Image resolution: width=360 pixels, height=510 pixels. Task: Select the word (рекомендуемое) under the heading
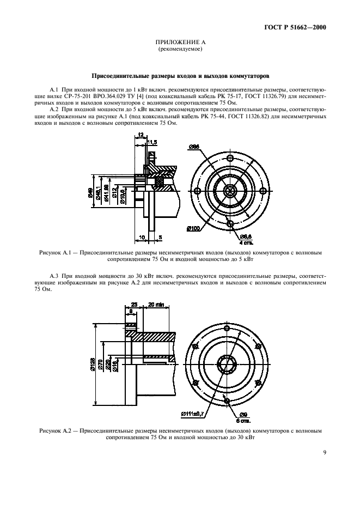pyautogui.click(x=180, y=49)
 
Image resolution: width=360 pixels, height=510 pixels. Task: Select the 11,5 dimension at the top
pyautogui.click(x=152, y=142)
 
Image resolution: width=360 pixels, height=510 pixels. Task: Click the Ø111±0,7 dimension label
pyautogui.click(x=194, y=414)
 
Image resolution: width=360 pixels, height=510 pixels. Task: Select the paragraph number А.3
pyautogui.click(x=54, y=276)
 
